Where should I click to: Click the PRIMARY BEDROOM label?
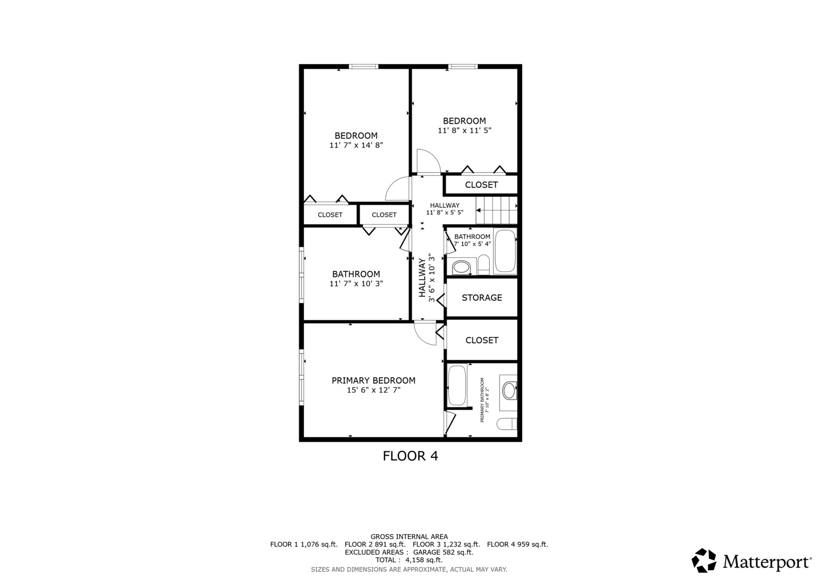click(x=373, y=380)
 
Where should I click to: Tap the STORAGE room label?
click(x=482, y=297)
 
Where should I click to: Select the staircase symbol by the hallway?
click(x=496, y=210)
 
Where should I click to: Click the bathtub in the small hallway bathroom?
click(x=505, y=251)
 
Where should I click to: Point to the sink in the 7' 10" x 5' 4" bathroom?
click(x=461, y=267)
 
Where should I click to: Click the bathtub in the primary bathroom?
click(x=457, y=386)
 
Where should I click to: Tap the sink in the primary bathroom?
click(x=509, y=390)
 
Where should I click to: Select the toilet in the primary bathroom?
click(x=506, y=424)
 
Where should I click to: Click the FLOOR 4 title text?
click(x=410, y=456)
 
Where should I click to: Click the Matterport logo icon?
click(x=704, y=561)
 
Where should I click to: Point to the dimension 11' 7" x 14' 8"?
click(x=356, y=145)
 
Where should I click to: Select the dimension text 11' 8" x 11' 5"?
click(x=465, y=130)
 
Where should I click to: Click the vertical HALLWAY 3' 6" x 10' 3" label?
click(x=426, y=278)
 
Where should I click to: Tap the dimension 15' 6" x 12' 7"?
click(x=374, y=390)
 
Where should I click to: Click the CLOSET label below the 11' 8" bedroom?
click(x=481, y=185)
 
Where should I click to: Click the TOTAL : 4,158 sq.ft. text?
click(x=409, y=560)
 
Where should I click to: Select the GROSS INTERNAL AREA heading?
click(x=409, y=536)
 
